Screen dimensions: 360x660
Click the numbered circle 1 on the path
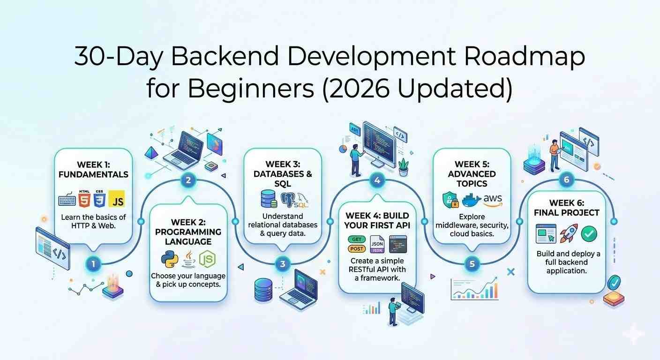coord(93,264)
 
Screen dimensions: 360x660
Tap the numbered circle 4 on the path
coord(377,180)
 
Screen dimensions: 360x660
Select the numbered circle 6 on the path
coord(566,180)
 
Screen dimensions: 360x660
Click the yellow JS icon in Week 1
coord(116,200)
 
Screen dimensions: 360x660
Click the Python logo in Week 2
coord(169,259)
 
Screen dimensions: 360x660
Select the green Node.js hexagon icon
coord(207,259)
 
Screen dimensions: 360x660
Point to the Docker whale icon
coord(471,201)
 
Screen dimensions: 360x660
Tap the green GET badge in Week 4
coord(357,240)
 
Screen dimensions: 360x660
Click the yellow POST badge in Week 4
coord(357,249)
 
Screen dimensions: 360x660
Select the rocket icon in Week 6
coord(569,233)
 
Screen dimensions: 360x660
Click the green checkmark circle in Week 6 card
coord(589,233)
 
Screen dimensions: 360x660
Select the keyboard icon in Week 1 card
coord(67,201)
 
